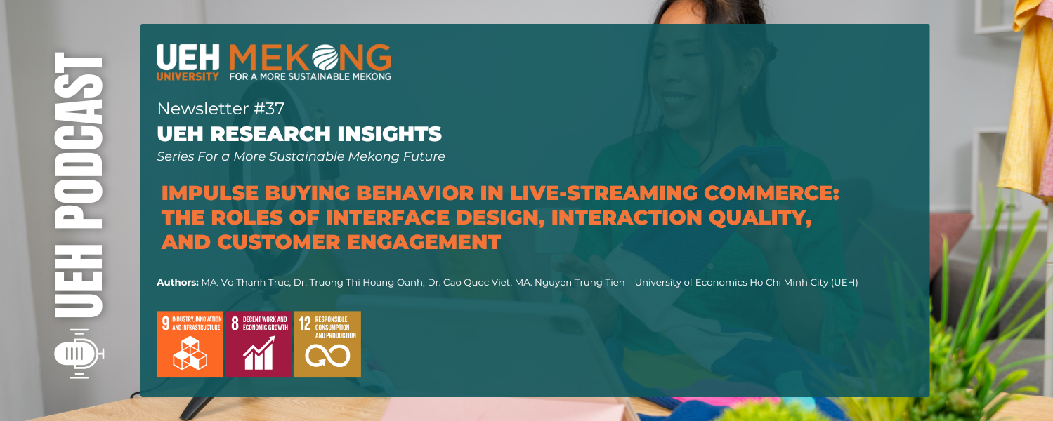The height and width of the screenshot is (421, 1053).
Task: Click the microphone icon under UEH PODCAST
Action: coord(79,353)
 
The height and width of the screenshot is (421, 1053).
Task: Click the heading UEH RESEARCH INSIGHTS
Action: coord(299,133)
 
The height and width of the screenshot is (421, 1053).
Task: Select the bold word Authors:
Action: coord(178,283)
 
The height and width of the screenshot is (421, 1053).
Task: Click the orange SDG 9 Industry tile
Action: coord(190,344)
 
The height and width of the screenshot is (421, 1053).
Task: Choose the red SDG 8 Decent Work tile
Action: coord(259,344)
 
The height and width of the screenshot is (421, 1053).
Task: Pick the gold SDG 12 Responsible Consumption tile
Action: coord(327,344)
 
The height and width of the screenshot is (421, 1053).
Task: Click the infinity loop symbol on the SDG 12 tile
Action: coord(327,357)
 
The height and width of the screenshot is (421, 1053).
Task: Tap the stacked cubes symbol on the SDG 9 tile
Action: coord(190,353)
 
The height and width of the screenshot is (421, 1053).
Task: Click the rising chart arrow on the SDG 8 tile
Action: coord(258,353)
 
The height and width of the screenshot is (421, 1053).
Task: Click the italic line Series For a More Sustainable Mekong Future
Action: coord(301,156)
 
